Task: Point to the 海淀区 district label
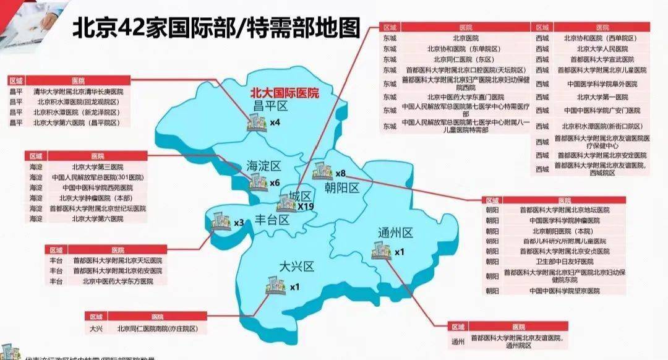(x=263, y=166)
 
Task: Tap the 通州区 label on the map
(x=395, y=233)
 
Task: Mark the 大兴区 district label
(x=297, y=267)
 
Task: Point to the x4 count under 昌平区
(x=275, y=123)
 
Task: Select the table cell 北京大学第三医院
(x=93, y=166)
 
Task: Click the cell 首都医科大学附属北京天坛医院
(x=113, y=260)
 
